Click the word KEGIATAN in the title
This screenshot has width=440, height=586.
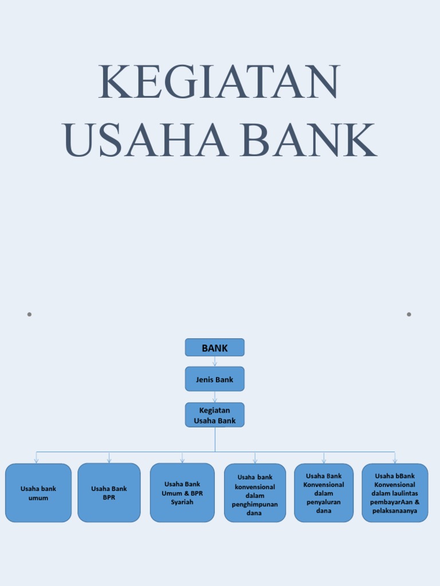tap(219, 83)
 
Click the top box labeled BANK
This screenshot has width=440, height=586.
tap(215, 347)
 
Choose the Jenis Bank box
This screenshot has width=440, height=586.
tap(215, 379)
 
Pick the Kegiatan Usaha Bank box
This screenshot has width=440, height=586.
tap(215, 415)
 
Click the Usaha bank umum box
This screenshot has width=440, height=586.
tap(38, 493)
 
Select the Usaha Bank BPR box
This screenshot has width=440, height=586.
tap(109, 493)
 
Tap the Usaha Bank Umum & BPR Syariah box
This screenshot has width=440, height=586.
tap(182, 493)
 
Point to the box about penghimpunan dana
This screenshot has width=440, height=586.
tap(255, 493)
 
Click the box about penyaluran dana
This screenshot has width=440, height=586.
tap(324, 493)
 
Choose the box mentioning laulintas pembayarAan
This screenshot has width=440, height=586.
tap(395, 493)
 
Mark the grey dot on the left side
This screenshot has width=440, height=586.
tap(29, 314)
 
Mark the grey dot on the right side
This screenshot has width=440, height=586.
tap(409, 314)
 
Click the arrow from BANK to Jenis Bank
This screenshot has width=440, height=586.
tap(215, 362)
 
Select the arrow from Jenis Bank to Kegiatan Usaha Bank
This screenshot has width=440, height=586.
tap(215, 397)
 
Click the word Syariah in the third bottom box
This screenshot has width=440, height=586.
tap(182, 502)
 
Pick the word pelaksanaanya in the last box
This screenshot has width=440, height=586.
tap(395, 510)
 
